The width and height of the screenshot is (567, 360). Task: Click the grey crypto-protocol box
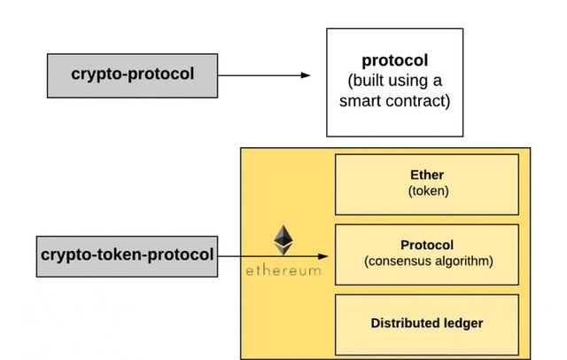pyautogui.click(x=132, y=74)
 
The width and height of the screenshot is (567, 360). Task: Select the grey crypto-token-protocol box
pyautogui.click(x=127, y=254)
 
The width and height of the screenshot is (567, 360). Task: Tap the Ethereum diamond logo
pyautogui.click(x=283, y=240)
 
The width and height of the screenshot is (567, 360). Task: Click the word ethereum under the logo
pyautogui.click(x=283, y=270)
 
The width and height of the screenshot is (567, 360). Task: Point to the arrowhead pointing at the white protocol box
pyautogui.click(x=306, y=75)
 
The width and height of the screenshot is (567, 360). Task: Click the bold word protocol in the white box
pyautogui.click(x=394, y=61)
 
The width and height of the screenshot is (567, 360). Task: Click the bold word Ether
pyautogui.click(x=426, y=176)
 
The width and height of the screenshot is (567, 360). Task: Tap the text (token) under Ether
pyautogui.click(x=426, y=191)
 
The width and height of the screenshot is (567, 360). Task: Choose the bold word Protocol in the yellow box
pyautogui.click(x=427, y=246)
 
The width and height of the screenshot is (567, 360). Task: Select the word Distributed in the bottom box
pyautogui.click(x=403, y=323)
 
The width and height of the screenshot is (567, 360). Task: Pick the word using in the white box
pyautogui.click(x=413, y=81)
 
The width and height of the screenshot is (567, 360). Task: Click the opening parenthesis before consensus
pyautogui.click(x=366, y=262)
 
